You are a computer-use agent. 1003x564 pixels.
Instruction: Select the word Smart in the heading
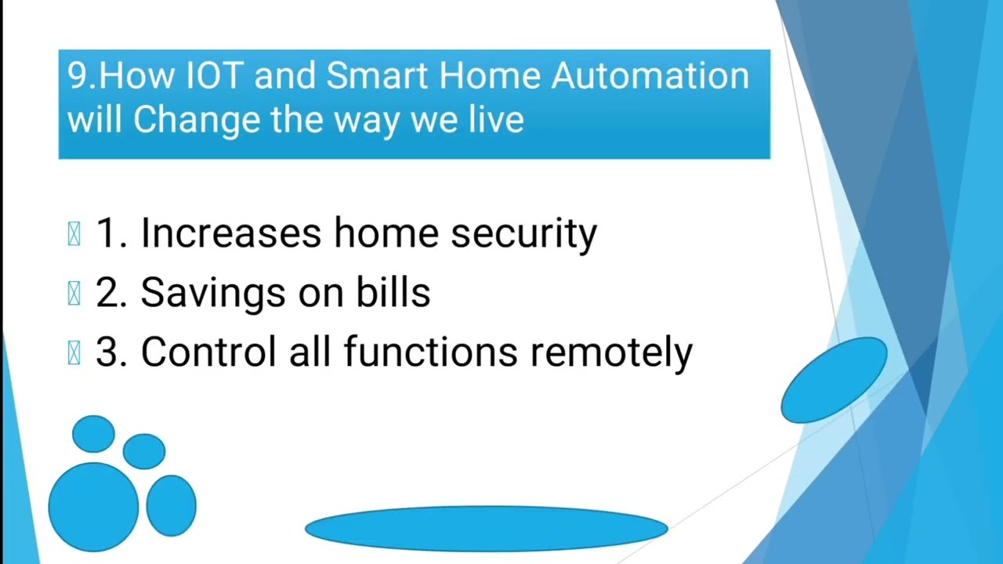coord(377,76)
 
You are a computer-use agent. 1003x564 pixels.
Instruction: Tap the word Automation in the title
coord(650,76)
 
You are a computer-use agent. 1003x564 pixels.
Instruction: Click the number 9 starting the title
coord(76,76)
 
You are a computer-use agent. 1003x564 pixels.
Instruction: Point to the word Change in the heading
coord(197,121)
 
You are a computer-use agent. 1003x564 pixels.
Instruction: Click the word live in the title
coord(495,121)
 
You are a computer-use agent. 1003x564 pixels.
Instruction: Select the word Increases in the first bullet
coord(230,233)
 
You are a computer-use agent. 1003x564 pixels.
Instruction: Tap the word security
coord(523,234)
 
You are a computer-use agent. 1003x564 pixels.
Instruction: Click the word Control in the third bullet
coord(208,352)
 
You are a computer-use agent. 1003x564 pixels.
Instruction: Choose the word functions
coord(430,352)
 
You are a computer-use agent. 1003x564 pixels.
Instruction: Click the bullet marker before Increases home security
coord(74,234)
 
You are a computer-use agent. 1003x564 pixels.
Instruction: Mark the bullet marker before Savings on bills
coord(74,294)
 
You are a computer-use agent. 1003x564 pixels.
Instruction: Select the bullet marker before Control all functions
coord(74,353)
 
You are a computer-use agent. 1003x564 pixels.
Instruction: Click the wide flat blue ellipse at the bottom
coord(486,529)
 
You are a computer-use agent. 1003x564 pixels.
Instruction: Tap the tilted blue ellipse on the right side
coord(834,380)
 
